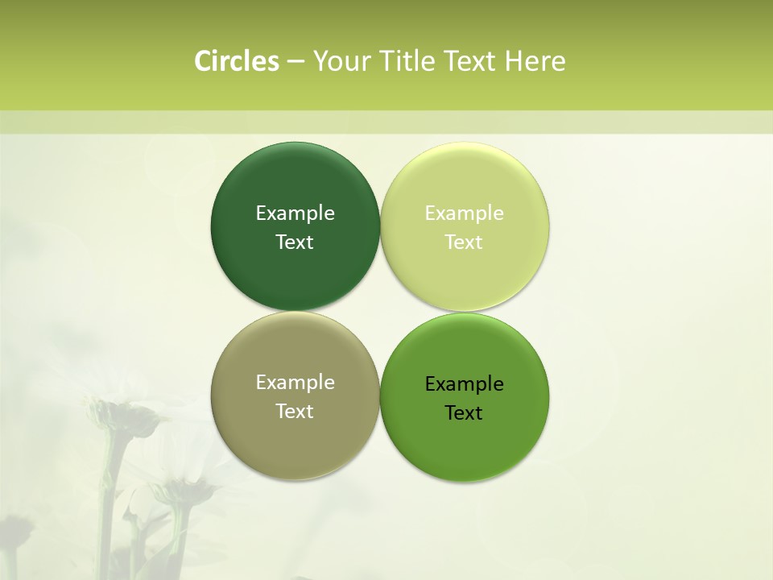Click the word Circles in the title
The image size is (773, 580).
237,61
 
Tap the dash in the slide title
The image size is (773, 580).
296,61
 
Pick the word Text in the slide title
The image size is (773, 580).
471,61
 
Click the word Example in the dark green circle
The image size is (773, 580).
295,213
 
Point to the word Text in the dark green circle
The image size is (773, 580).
295,242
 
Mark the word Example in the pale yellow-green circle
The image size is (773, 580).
465,213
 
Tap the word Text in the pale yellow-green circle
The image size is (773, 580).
465,242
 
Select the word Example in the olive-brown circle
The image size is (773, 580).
295,382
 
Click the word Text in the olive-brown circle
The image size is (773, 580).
295,411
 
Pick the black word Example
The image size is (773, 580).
465,383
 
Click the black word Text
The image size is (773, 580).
465,412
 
